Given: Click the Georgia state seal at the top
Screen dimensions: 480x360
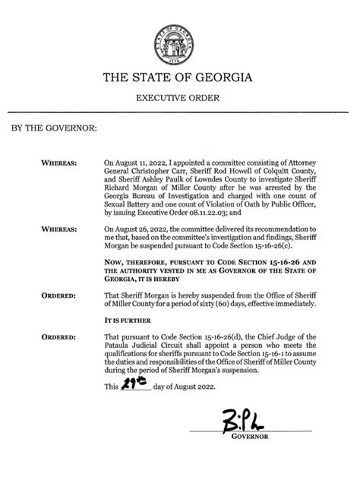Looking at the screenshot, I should click(x=180, y=38).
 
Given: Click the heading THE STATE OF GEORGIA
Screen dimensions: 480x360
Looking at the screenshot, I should click(x=179, y=78).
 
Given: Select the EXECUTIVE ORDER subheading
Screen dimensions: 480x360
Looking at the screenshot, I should click(x=179, y=99).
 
